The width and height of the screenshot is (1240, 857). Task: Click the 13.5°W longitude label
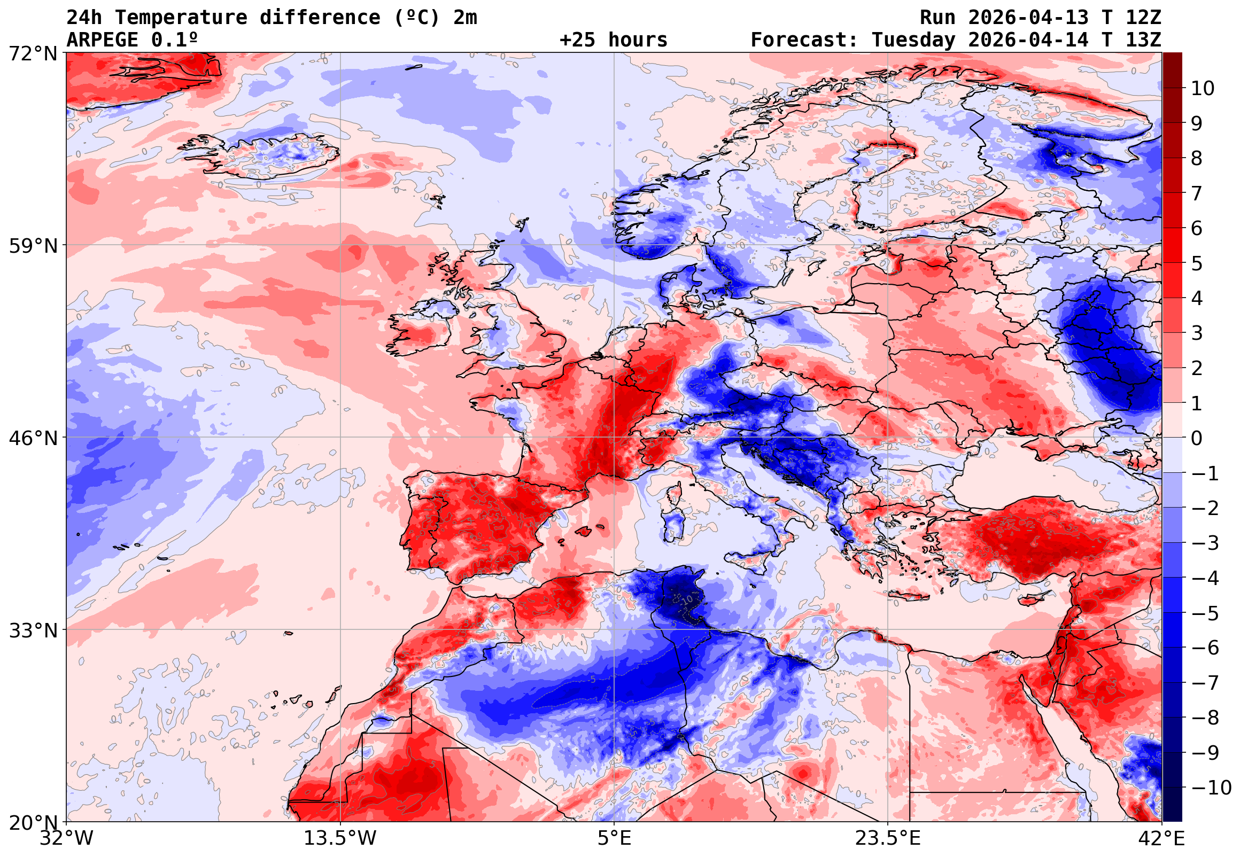click(340, 838)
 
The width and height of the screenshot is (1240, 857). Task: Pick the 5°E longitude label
click(614, 838)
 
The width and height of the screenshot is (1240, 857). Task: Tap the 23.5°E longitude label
click(887, 838)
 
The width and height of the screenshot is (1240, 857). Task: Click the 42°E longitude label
click(1161, 838)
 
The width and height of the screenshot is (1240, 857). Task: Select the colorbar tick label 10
click(1203, 88)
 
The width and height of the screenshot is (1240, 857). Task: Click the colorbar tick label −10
click(1211, 788)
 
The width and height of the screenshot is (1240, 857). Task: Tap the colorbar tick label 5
click(1197, 263)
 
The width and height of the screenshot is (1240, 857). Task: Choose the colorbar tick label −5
click(1205, 613)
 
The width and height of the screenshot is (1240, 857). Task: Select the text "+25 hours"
click(613, 40)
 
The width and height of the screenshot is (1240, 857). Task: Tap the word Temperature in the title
click(181, 17)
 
